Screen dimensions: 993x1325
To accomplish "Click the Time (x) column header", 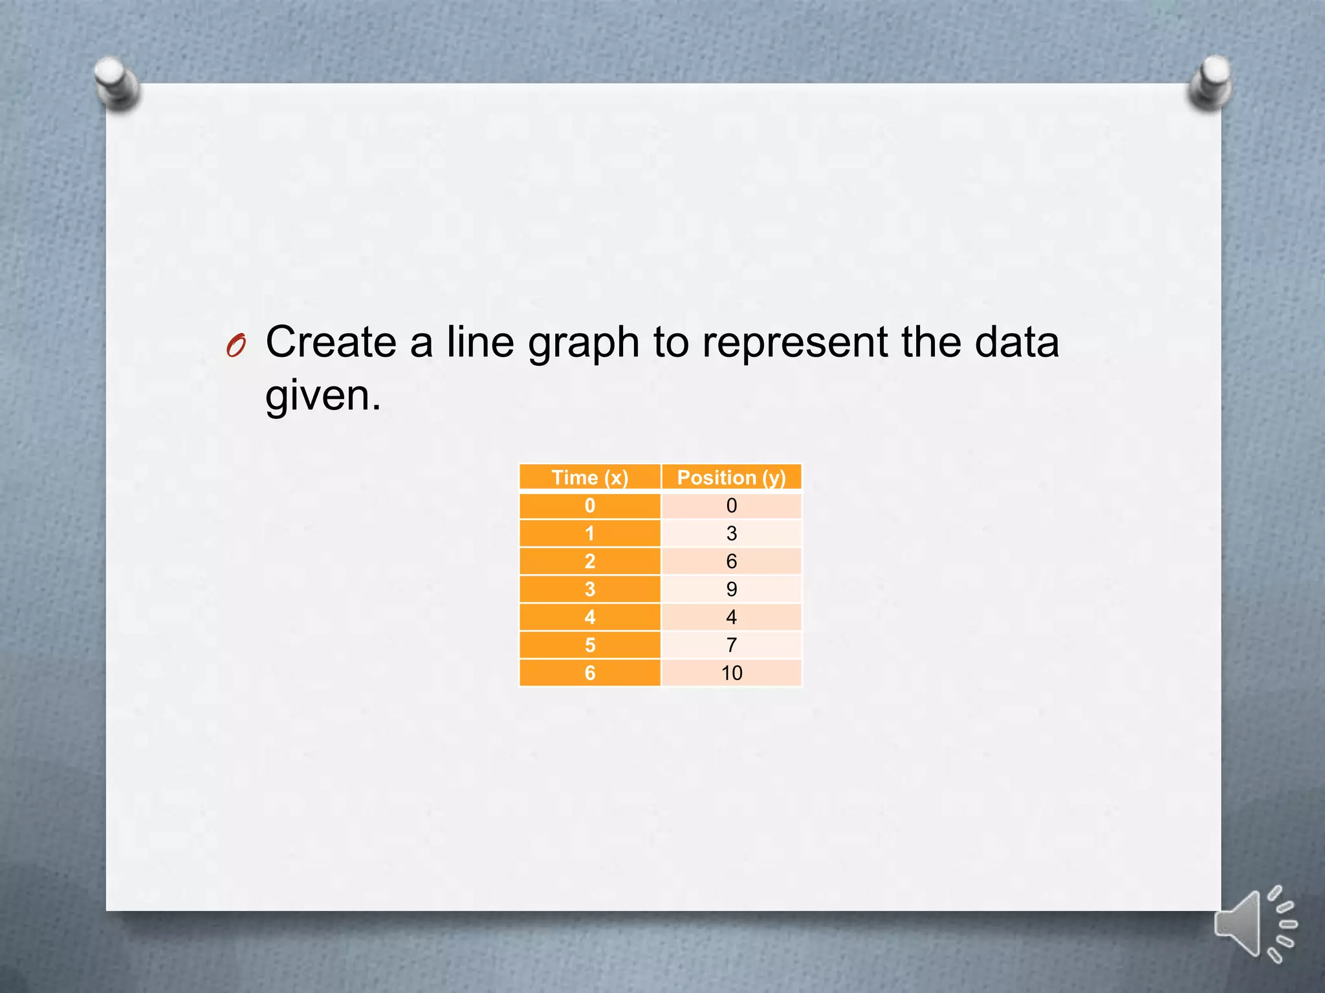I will (x=589, y=478).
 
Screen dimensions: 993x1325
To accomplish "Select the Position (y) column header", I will (x=731, y=478).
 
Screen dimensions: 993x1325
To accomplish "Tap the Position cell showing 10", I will (x=731, y=673).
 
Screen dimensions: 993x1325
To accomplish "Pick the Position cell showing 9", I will (x=731, y=589).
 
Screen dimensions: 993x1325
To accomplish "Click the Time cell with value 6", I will (x=589, y=673).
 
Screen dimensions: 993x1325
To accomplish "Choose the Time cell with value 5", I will (x=589, y=645).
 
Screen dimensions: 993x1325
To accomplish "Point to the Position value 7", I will (x=731, y=645).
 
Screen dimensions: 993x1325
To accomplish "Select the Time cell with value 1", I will (x=589, y=533).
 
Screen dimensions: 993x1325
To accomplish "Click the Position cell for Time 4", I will (x=731, y=617).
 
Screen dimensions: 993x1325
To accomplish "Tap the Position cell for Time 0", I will (x=731, y=506).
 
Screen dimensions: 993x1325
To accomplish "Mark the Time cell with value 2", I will (x=589, y=561).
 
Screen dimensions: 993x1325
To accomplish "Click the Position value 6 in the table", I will (x=731, y=561).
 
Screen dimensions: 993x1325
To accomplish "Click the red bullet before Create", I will (x=236, y=346).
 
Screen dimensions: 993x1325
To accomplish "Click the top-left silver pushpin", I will (x=116, y=83).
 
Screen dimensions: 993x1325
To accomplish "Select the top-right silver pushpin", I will (x=1210, y=82).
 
